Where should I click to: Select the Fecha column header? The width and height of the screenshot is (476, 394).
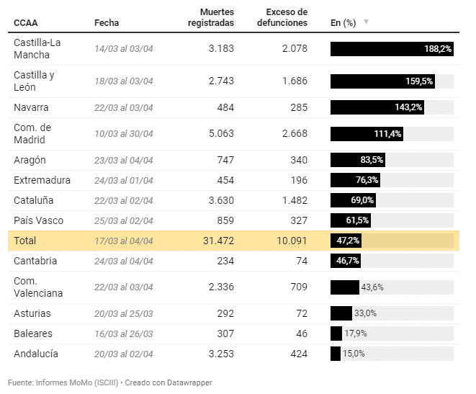107,22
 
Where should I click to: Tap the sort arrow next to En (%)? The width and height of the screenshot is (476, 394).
366,22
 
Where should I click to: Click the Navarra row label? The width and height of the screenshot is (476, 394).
31,107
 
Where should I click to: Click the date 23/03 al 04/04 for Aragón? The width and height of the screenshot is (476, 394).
124,160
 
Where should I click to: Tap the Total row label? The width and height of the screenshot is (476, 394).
24,241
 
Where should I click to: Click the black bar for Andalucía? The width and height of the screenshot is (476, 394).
336,354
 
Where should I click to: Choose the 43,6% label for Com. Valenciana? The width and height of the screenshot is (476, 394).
372,287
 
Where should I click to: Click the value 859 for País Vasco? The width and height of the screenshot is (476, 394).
225,220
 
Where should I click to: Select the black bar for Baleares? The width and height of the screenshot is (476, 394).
336,333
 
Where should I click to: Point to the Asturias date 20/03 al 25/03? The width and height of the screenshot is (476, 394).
124,314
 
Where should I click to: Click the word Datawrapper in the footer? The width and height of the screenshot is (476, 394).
189,382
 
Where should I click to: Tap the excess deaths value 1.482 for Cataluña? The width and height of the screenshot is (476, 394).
292,200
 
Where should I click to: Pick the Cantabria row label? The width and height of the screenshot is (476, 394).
35,261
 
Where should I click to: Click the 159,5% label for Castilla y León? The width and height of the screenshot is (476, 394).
419,81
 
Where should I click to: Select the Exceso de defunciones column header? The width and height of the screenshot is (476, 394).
282,17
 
